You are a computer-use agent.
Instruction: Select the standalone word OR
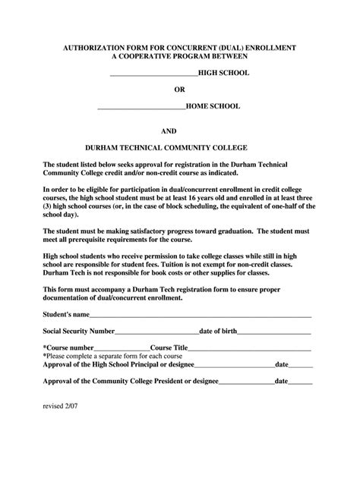coord(180,91)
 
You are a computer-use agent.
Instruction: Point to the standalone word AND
coord(180,131)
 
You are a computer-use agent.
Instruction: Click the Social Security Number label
coord(78,331)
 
